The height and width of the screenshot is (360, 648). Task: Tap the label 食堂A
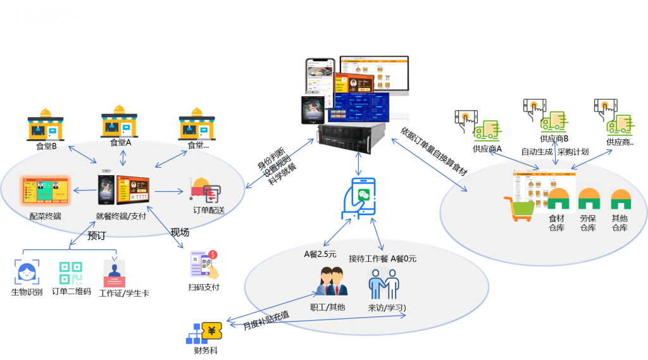[120, 142]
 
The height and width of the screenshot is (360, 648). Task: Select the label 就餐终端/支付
[121, 216]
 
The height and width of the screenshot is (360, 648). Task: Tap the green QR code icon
[71, 273]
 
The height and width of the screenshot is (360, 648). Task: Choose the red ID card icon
[115, 273]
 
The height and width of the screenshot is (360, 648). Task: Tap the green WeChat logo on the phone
[363, 194]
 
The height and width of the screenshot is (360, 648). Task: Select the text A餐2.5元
[320, 254]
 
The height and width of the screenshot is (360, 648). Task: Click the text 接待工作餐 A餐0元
[382, 258]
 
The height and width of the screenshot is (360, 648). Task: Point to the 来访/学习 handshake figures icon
[384, 283]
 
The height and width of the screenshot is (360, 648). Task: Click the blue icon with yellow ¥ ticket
[203, 332]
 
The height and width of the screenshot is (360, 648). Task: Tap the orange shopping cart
[517, 209]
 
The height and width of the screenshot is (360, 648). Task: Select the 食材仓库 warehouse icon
[558, 199]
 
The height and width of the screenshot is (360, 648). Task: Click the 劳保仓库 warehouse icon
[589, 199]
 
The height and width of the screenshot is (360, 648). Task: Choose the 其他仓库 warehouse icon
[620, 199]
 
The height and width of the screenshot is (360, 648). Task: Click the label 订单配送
[209, 210]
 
